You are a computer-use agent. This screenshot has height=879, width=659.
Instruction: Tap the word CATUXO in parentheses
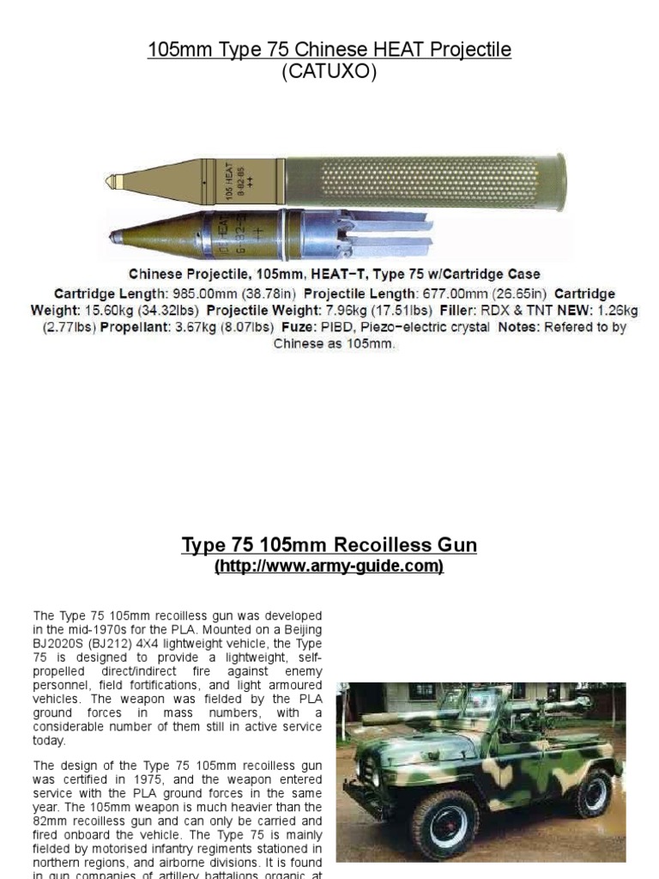(329, 72)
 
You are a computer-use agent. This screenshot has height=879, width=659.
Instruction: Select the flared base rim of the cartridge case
(560, 181)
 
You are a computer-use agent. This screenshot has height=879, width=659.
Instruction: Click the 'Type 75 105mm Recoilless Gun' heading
(329, 545)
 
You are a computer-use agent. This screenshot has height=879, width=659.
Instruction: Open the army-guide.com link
(329, 567)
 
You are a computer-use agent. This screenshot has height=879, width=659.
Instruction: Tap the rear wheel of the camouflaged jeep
(593, 794)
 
